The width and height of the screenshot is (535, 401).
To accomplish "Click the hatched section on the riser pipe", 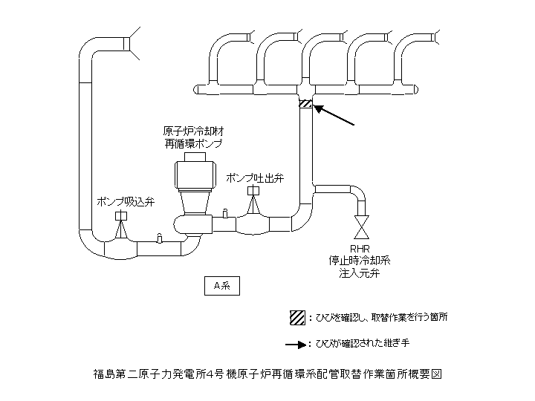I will [305, 104].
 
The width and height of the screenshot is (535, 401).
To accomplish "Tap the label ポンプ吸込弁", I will [126, 200].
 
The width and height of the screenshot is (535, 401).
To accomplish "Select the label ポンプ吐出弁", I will [254, 178].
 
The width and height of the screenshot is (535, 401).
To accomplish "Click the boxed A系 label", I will [222, 285].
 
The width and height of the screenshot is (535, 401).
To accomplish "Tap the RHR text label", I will [360, 250].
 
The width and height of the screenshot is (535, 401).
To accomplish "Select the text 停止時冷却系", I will [360, 261].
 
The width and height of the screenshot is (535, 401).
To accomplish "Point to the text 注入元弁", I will [360, 273].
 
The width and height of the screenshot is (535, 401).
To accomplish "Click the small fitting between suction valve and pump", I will [159, 238].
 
